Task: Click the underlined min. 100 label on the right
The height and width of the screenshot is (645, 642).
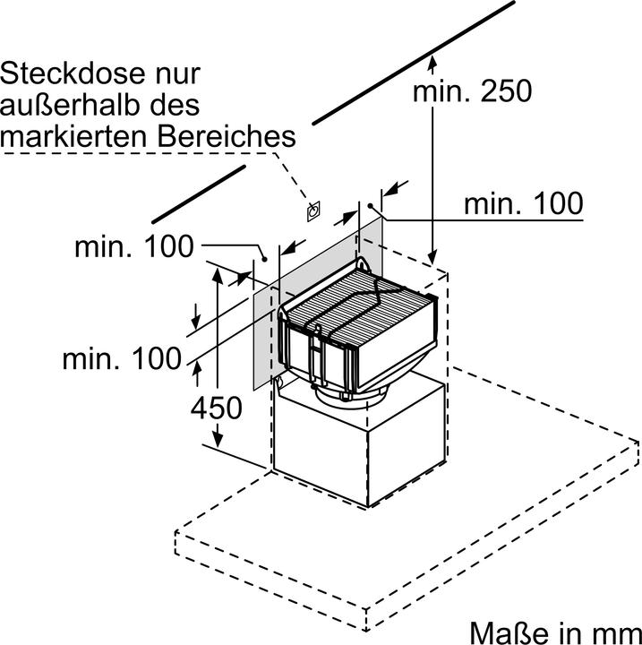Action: (522, 204)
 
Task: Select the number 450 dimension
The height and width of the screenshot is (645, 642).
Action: (216, 408)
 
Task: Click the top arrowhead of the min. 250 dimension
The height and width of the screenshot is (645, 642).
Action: (433, 60)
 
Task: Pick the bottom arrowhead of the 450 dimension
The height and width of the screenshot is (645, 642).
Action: (217, 442)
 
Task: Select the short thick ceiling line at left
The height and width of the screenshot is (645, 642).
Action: (198, 193)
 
